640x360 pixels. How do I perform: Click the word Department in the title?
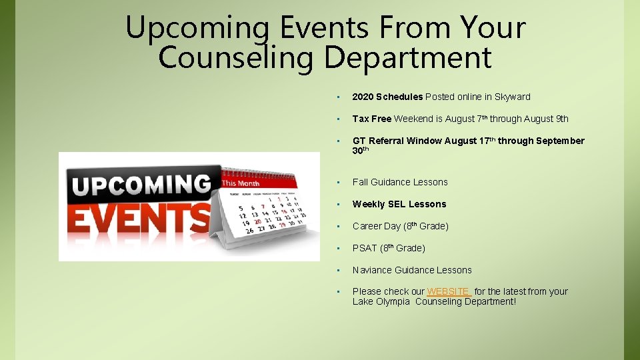pos(408,58)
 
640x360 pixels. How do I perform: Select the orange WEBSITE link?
pos(449,291)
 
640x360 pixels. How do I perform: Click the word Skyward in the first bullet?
pos(512,97)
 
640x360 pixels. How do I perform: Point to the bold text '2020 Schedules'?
pos(387,97)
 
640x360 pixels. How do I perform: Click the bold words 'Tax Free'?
pos(371,119)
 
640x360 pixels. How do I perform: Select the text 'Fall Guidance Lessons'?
pos(400,182)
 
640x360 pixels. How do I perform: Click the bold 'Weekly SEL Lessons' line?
pos(399,204)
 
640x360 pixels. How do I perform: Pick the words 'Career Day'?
pos(377,226)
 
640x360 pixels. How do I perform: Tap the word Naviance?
pos(372,270)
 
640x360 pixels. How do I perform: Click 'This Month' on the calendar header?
pos(240,183)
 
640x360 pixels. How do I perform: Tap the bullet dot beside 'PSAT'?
pos(339,248)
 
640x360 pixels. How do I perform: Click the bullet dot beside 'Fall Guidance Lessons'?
pos(339,182)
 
